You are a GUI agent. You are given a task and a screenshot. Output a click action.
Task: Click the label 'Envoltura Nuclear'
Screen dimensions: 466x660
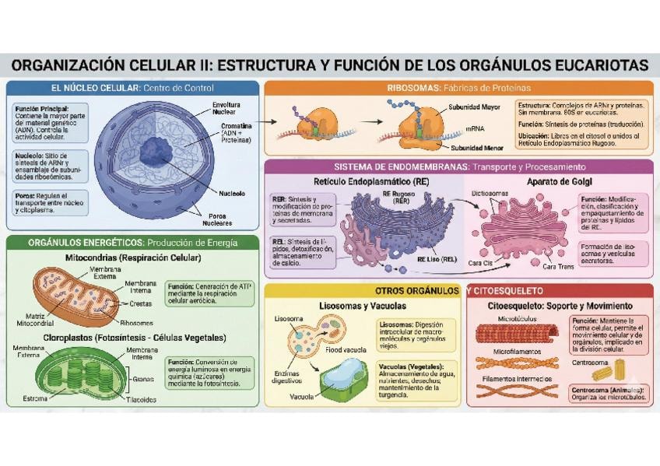click(x=226, y=107)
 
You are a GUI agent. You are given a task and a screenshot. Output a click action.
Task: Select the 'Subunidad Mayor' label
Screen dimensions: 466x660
click(x=474, y=107)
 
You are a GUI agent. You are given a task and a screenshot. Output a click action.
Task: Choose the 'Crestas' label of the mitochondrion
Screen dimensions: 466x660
click(x=140, y=303)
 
